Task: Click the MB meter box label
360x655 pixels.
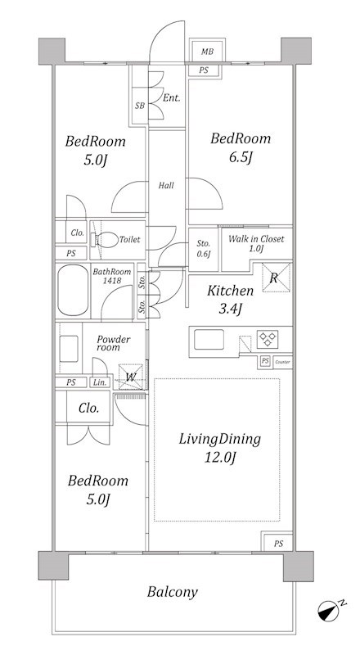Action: [x=207, y=52]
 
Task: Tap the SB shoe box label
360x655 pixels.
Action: [x=139, y=106]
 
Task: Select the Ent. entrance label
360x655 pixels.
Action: [x=171, y=98]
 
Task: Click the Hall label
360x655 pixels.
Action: [x=166, y=186]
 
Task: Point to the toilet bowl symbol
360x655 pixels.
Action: [x=105, y=240]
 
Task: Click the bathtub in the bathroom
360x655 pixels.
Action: [x=73, y=291]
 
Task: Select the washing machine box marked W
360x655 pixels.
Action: [x=131, y=377]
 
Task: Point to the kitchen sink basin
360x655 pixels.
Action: [x=209, y=339]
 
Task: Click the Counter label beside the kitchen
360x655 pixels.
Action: [x=282, y=362]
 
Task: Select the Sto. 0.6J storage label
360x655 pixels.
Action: [x=204, y=249]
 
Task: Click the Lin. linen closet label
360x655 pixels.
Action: [x=99, y=382]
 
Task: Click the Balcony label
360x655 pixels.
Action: [x=172, y=592]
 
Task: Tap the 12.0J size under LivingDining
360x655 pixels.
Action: [x=221, y=458]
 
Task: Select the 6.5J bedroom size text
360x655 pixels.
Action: [x=241, y=157]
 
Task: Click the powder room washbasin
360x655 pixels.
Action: [x=69, y=349]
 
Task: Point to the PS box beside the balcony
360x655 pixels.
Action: [x=278, y=544]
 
